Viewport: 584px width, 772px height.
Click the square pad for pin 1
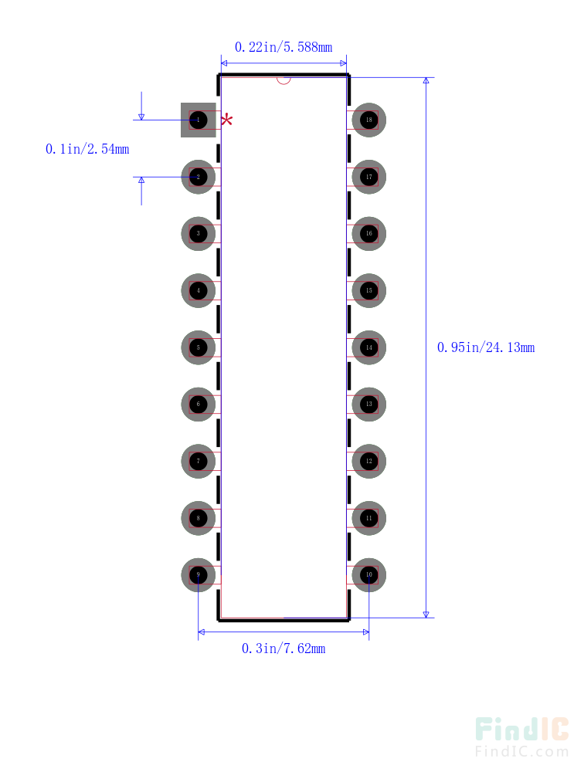click(x=199, y=120)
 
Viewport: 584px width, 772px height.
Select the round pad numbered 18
click(x=368, y=120)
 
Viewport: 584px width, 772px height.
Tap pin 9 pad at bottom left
click(x=199, y=575)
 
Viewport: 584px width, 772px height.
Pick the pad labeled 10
click(x=368, y=575)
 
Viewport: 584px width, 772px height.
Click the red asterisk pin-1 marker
click(x=227, y=120)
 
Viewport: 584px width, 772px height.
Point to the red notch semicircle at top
click(x=284, y=80)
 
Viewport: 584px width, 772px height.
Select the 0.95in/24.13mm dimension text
click(x=486, y=347)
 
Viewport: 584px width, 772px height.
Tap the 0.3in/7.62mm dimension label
click(x=284, y=648)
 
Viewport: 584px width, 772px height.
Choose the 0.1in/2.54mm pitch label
click(x=87, y=149)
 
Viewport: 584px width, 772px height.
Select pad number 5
click(x=199, y=347)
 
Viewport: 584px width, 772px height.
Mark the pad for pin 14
click(x=368, y=347)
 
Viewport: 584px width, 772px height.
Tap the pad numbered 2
click(x=199, y=177)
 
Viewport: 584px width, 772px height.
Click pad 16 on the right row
click(x=368, y=233)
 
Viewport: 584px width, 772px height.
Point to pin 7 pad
click(x=199, y=461)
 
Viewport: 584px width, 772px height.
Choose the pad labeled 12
click(x=368, y=461)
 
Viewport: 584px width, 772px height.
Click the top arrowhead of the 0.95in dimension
click(x=426, y=81)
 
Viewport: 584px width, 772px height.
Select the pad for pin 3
click(x=199, y=233)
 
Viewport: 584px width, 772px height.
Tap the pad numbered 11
click(x=368, y=518)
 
